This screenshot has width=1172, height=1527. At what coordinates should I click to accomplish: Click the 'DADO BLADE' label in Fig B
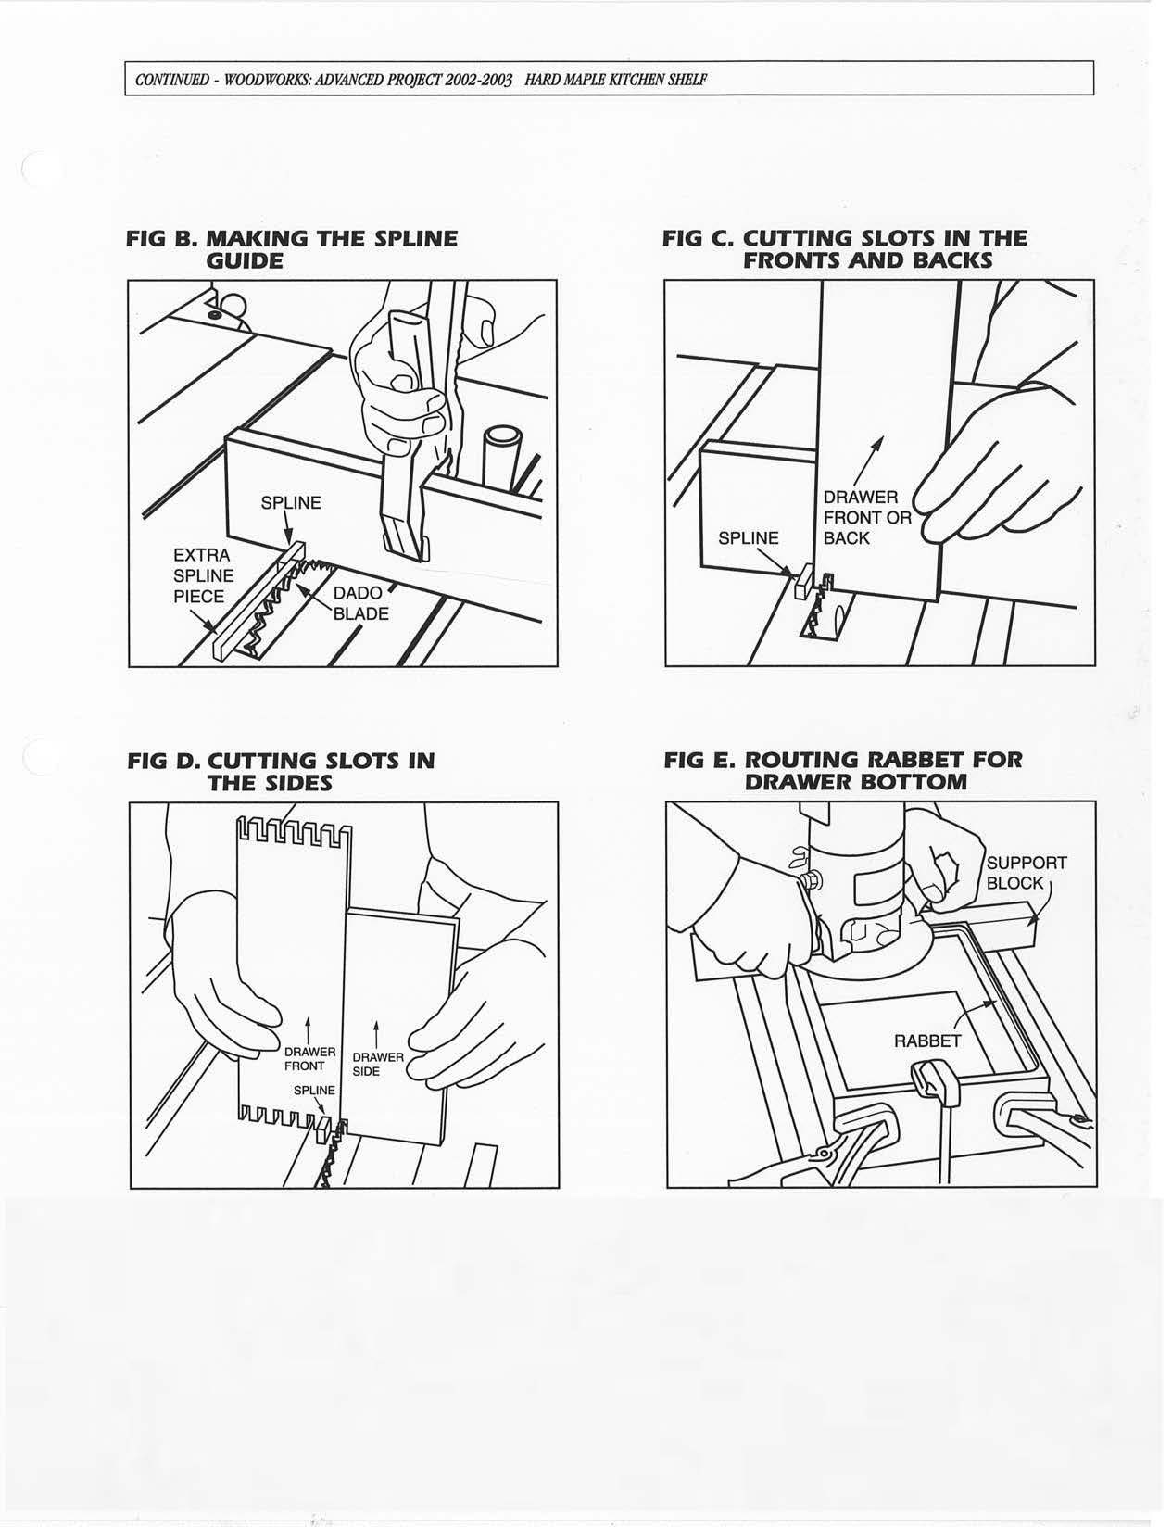point(360,603)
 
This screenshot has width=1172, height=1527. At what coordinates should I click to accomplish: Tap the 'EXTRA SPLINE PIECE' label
point(203,575)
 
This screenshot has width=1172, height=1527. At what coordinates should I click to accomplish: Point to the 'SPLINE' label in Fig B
point(290,503)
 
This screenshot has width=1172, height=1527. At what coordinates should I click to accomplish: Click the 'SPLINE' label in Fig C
point(748,538)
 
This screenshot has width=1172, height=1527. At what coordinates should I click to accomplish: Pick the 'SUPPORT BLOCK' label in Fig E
point(1026,872)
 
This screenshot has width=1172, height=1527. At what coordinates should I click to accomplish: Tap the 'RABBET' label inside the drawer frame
point(926,1041)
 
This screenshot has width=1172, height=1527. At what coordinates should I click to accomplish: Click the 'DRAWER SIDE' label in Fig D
point(377,1064)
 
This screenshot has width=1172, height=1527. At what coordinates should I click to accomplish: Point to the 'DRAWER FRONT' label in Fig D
point(309,1059)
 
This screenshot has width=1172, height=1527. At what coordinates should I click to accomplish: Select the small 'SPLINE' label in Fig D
point(314,1090)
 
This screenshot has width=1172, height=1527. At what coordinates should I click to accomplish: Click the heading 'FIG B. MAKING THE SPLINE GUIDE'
point(292,249)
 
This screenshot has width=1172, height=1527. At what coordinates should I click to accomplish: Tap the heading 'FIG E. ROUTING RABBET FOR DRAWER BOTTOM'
point(843,771)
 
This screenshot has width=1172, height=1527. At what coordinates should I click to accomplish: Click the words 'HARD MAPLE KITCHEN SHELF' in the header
point(615,79)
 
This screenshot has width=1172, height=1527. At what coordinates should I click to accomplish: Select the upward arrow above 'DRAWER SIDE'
point(376,1033)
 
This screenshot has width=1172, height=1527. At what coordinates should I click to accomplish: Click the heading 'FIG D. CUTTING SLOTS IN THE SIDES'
point(281,772)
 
